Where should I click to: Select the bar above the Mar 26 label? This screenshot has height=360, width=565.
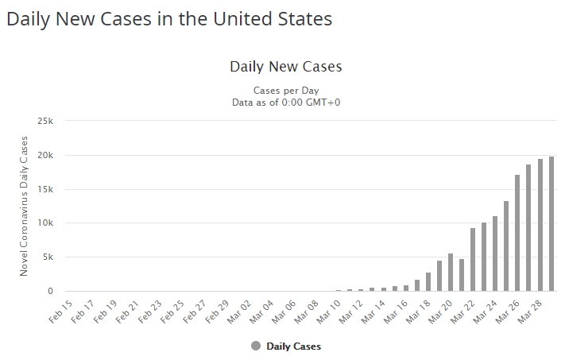tap(518, 233)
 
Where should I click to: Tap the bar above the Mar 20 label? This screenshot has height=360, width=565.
tap(451, 273)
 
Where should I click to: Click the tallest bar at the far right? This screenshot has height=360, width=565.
tap(551, 224)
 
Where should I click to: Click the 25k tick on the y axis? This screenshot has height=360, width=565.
tap(45, 122)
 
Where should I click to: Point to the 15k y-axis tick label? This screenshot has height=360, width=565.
tap(45, 189)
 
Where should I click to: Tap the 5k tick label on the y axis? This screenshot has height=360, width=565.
tap(48, 257)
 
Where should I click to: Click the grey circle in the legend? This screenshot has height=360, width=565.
tap(255, 346)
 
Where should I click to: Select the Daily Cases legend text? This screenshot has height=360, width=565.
tap(293, 346)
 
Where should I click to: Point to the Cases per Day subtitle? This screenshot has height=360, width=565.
tap(285, 90)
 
